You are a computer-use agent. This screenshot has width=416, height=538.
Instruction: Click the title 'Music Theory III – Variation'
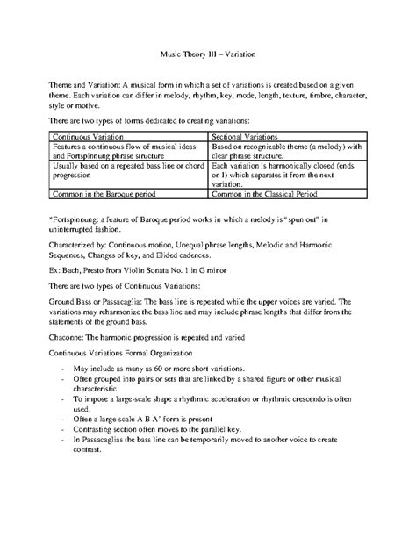point(208,52)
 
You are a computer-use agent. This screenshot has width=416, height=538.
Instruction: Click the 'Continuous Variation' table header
point(90,138)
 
